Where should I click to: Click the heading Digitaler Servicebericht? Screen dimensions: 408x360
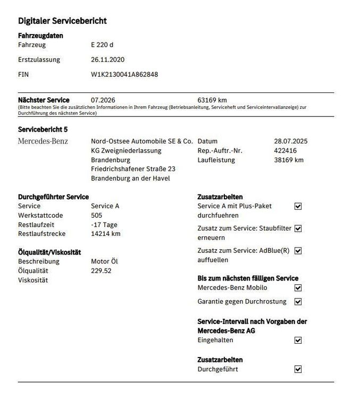[62, 21]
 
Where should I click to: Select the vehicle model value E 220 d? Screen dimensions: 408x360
[102, 45]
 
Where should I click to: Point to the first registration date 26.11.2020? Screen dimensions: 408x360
[107, 59]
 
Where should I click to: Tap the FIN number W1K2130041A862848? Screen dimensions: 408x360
[124, 74]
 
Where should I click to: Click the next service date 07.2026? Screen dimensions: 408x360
[103, 100]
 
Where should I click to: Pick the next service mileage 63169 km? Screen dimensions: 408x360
[212, 100]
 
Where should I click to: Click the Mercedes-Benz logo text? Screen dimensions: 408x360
[43, 141]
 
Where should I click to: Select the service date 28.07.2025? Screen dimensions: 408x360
[290, 141]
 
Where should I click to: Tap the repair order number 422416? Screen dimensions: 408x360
[286, 151]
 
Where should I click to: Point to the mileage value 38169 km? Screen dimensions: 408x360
[289, 160]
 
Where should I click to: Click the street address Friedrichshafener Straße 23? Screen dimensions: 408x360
[133, 169]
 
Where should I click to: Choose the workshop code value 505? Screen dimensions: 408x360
[97, 215]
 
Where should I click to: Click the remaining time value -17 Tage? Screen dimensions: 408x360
[104, 225]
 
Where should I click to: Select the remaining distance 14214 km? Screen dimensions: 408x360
[105, 234]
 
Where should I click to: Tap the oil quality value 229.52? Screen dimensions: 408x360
[101, 270]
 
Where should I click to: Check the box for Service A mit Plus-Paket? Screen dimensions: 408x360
[298, 206]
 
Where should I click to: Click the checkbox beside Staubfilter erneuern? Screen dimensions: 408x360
[298, 228]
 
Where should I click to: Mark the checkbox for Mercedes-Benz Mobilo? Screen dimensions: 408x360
[298, 288]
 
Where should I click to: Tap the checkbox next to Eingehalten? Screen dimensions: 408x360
[298, 340]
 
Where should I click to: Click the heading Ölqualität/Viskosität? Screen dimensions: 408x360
[50, 252]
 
